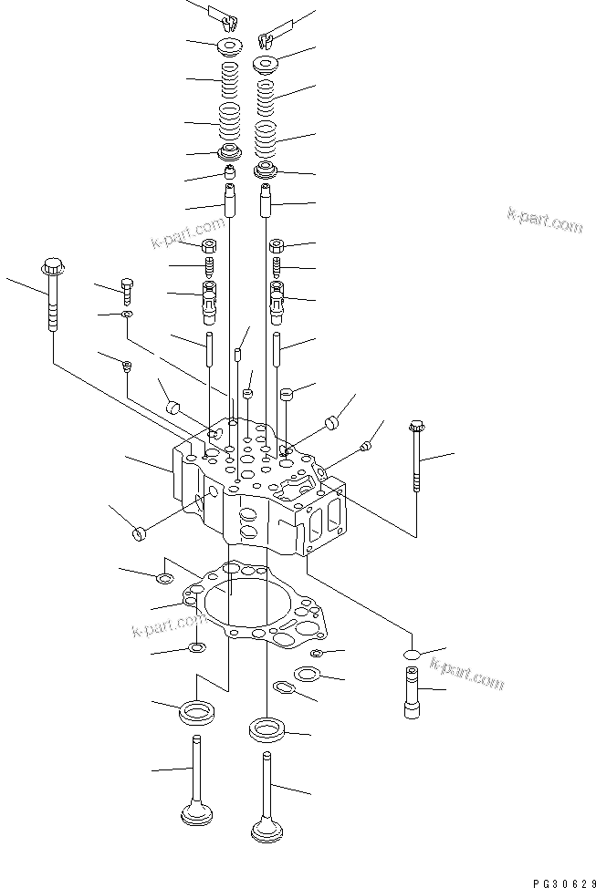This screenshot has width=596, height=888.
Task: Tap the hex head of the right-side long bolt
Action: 417,426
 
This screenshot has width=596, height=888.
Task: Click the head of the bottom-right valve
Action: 267,831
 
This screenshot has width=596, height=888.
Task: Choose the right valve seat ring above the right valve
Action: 267,729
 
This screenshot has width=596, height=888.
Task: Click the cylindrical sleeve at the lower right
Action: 412,693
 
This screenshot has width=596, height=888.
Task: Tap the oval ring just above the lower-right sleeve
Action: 412,655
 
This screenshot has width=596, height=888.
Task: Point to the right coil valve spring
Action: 265,114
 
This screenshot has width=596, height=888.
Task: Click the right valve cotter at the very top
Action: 267,39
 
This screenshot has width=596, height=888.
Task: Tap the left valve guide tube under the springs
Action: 228,199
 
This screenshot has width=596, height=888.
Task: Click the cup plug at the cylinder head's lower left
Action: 140,532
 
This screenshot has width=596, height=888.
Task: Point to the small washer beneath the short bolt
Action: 126,315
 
